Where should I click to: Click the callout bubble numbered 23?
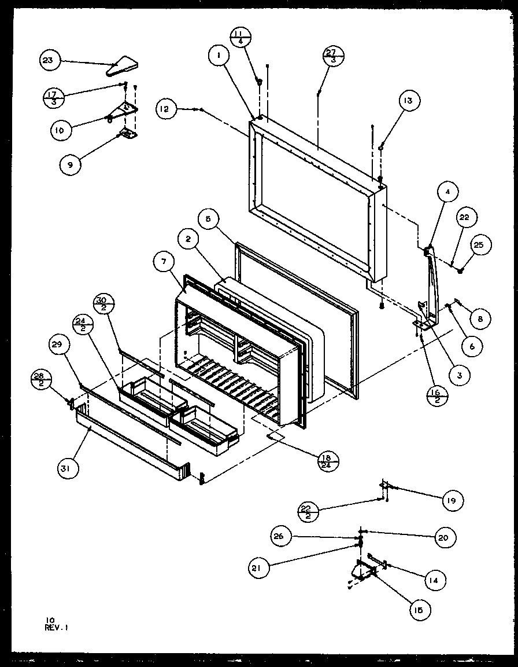pos(50,61)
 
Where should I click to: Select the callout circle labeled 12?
pos(166,109)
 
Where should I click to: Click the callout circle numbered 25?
pos(480,245)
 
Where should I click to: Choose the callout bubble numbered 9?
pos(71,164)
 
